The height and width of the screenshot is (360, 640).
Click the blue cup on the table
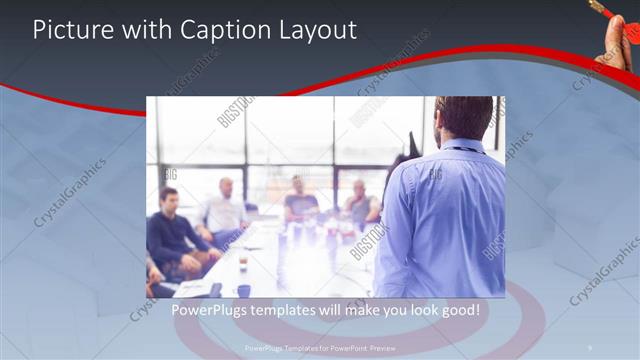tap(244, 290)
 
